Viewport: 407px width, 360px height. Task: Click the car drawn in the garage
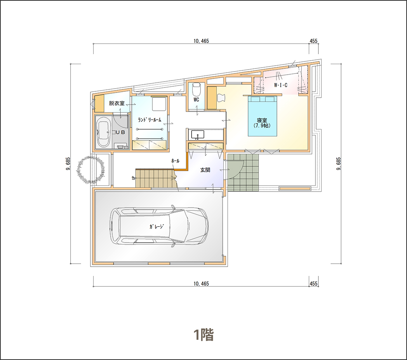[x=159, y=225]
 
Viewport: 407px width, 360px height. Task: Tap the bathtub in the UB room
[x=103, y=132]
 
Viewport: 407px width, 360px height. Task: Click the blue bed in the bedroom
[x=263, y=116]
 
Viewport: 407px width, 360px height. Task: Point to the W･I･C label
[x=281, y=85]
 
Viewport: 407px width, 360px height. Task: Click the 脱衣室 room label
[x=117, y=103]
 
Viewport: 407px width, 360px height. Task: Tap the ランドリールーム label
[x=150, y=120]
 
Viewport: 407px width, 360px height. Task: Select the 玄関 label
[x=205, y=170]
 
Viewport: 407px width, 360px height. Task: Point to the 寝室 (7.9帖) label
[x=262, y=123]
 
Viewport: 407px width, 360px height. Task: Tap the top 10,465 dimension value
[x=201, y=41]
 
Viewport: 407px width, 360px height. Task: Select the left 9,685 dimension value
[x=68, y=164]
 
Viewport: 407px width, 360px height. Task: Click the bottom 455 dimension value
[x=313, y=283]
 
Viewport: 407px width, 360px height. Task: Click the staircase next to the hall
[x=156, y=178]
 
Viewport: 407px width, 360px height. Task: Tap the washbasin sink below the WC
[x=198, y=135]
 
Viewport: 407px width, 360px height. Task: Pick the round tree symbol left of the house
[x=90, y=170]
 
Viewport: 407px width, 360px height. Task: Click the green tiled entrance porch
[x=243, y=172]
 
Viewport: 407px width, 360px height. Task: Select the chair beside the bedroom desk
[x=221, y=98]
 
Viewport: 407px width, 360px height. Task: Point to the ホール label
[x=175, y=161]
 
